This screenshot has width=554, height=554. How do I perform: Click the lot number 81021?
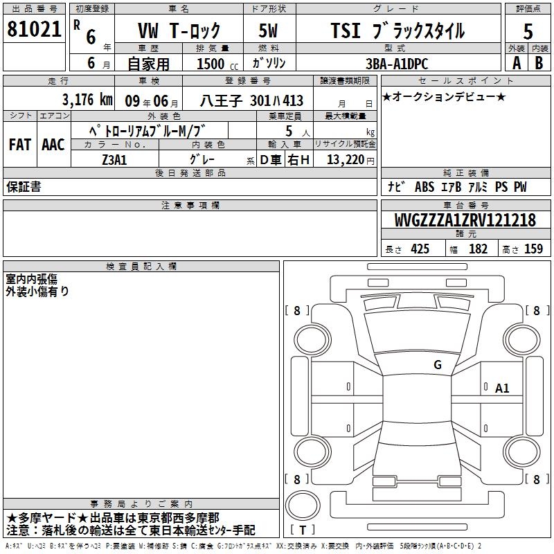34,29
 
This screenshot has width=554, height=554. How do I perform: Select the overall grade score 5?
528,31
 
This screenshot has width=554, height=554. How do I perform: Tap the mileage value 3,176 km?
87,100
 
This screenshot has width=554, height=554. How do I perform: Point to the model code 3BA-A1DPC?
397,64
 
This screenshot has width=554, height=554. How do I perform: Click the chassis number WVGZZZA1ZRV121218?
465,220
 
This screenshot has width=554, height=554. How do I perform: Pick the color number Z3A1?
114,160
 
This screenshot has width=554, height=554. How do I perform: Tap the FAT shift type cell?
20,145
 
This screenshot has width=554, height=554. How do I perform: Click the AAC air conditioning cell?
53,145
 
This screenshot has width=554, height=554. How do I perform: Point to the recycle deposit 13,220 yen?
350,160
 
